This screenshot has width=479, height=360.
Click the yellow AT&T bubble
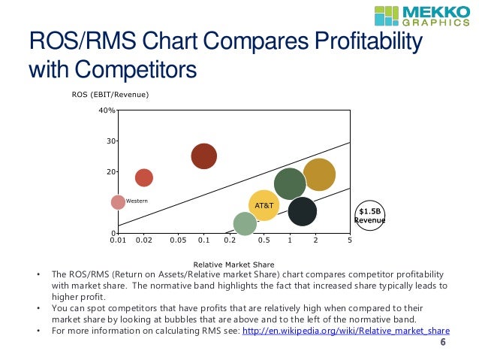point(264,204)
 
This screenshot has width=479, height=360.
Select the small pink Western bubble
point(118,202)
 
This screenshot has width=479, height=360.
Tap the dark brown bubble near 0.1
point(203,156)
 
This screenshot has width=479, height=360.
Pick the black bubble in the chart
point(302,212)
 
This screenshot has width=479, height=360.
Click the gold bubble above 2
point(318,174)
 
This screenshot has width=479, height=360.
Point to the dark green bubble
point(290,183)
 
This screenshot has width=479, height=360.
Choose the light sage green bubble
point(245,223)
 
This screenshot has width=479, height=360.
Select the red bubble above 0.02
point(143,177)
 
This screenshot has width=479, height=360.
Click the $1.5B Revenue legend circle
point(369,216)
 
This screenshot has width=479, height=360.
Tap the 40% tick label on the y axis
point(107,110)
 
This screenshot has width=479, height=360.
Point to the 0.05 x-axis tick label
point(177,241)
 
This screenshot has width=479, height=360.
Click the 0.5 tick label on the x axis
point(264,241)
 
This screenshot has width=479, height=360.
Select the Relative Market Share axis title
point(233,264)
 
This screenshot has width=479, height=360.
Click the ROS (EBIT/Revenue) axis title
point(110,95)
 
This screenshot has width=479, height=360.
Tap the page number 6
point(442,343)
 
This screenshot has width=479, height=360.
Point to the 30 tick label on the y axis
point(110,141)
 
